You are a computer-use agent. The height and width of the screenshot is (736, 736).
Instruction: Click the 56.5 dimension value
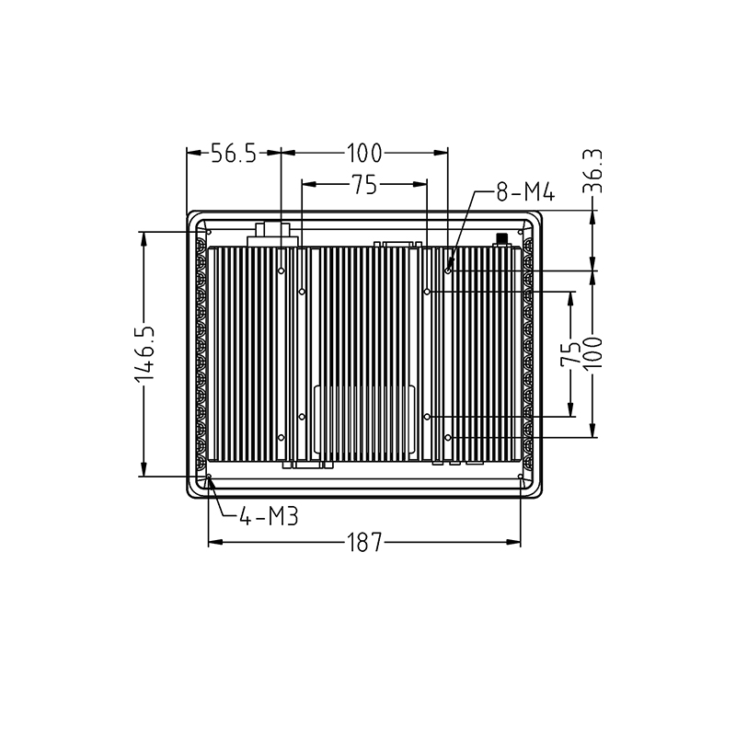click(234, 154)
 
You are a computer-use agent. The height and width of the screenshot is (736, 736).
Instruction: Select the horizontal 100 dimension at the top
click(364, 154)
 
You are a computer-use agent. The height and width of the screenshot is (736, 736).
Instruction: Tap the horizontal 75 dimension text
click(364, 185)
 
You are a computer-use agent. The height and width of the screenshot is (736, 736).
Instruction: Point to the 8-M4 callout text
click(523, 192)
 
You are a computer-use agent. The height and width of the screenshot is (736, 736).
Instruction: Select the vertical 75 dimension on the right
click(572, 353)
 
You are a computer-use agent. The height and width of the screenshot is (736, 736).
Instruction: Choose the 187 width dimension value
click(364, 543)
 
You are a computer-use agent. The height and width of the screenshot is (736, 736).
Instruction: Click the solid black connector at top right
click(501, 239)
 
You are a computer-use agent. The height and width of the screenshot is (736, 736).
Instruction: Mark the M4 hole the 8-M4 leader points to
click(448, 270)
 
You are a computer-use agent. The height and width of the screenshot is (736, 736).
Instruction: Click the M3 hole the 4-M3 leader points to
click(209, 477)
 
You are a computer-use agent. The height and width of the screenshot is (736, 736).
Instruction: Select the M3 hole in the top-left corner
click(208, 231)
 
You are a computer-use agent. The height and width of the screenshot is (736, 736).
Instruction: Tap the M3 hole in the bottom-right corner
click(522, 477)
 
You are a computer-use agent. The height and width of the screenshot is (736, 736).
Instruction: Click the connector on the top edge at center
click(397, 244)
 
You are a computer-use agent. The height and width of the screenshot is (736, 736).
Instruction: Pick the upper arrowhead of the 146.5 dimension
click(144, 238)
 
